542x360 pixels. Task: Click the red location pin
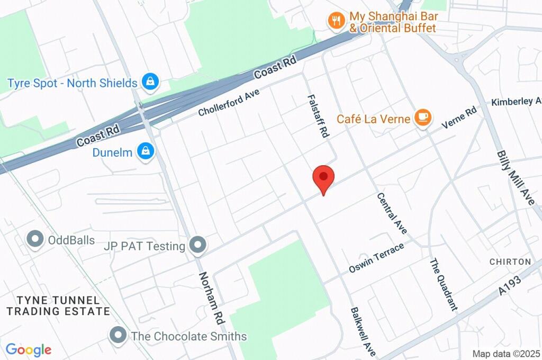pyautogui.click(x=323, y=177)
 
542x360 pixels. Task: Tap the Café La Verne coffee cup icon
pyautogui.click(x=422, y=118)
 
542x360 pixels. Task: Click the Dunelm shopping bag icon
pyautogui.click(x=145, y=152)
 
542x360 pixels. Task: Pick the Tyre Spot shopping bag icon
pyautogui.click(x=150, y=82)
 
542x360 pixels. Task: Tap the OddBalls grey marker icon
pyautogui.click(x=35, y=239)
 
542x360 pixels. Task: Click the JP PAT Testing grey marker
pyautogui.click(x=198, y=245)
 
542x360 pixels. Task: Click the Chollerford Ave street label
pyautogui.click(x=229, y=102)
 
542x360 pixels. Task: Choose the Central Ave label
pyautogui.click(x=392, y=213)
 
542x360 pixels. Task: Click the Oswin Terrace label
pyautogui.click(x=376, y=258)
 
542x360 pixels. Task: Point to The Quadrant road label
pyautogui.click(x=443, y=284)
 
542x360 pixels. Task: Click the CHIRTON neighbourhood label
pyautogui.click(x=510, y=262)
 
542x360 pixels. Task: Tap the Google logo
pyautogui.click(x=29, y=350)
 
